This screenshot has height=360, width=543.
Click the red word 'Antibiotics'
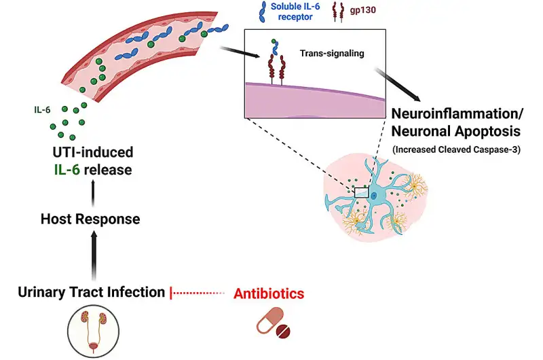(x=269, y=293)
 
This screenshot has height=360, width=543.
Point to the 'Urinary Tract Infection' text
(x=92, y=293)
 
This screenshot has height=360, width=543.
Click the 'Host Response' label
(x=90, y=219)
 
